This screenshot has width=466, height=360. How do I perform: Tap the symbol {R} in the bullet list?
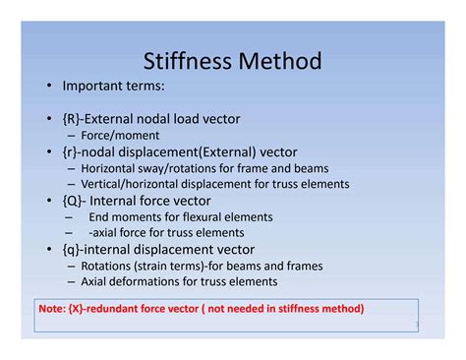[72, 119]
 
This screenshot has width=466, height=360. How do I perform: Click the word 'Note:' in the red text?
[52, 309]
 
